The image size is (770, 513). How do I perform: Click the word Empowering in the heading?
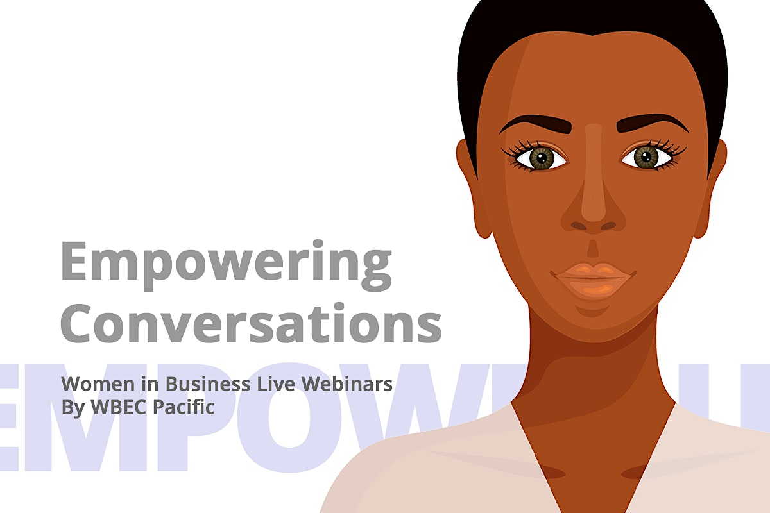pyautogui.click(x=226, y=265)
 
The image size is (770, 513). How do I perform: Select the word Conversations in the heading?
pyautogui.click(x=251, y=323)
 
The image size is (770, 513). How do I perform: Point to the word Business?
pyautogui.click(x=208, y=384)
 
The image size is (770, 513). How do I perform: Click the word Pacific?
pyautogui.click(x=184, y=407)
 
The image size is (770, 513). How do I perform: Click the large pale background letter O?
pyautogui.click(x=292, y=417)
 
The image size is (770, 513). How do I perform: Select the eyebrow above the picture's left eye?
pyautogui.click(x=536, y=124)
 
